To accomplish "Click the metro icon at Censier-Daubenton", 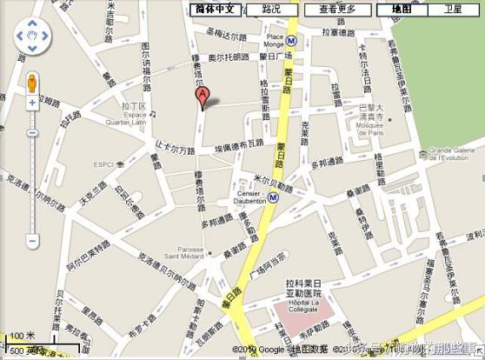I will coord(273,197).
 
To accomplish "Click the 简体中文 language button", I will coord(214,9).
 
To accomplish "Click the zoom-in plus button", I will coord(31,102).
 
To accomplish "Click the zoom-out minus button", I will coord(31,240).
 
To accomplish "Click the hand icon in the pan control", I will coord(31,37).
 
